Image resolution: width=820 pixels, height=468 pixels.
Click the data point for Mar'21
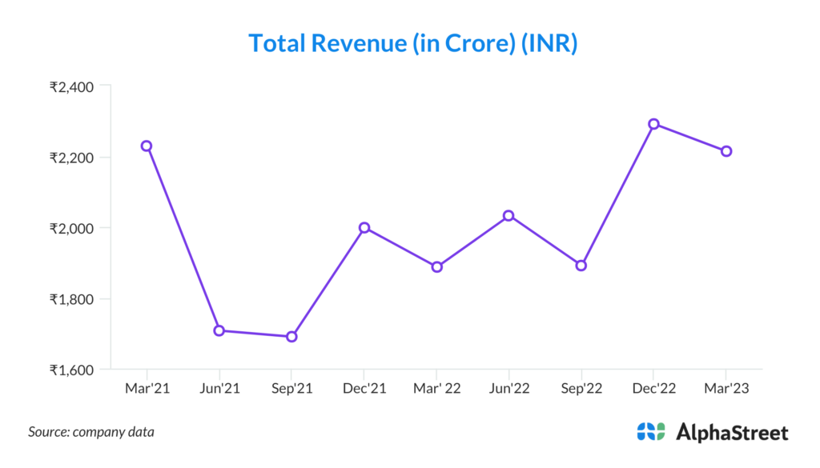[x=147, y=146]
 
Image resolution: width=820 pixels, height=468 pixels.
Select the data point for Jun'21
[x=219, y=330]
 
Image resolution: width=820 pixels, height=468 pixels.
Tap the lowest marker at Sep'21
[x=291, y=337]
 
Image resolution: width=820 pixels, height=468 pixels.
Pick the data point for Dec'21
[x=364, y=228]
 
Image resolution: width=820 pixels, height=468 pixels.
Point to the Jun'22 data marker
[x=508, y=216]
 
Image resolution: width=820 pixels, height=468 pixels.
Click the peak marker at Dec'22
[x=653, y=124]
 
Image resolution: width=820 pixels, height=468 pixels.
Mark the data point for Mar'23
[x=726, y=151]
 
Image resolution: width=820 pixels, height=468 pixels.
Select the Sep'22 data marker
[x=581, y=266]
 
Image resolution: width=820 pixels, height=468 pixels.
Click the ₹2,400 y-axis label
[x=71, y=86]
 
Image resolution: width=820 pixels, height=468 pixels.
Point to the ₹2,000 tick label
[x=71, y=228]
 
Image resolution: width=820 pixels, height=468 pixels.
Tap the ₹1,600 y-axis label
[x=71, y=370]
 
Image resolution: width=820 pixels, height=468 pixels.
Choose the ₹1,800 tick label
[x=71, y=299]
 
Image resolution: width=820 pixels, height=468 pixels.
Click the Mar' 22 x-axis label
[x=436, y=389]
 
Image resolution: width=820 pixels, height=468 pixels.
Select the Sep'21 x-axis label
[x=291, y=389]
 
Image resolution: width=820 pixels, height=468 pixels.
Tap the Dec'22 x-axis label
[x=653, y=389]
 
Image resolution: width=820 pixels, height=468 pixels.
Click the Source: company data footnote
[x=91, y=432]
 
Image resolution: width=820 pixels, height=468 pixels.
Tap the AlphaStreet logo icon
[x=651, y=432]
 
